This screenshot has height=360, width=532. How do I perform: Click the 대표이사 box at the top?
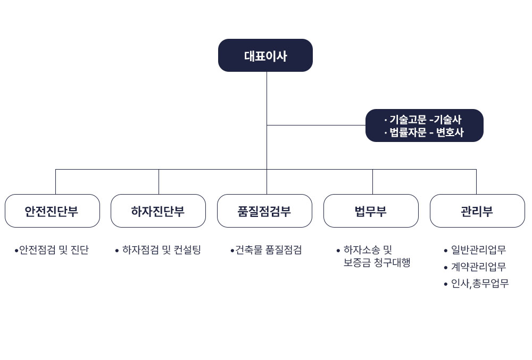point(265,55)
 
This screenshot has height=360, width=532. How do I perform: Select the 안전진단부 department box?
point(52,211)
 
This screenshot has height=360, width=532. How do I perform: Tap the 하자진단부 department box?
point(158,211)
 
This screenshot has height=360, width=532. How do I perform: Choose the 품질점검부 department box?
point(264,211)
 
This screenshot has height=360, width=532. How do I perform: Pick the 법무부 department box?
point(371,211)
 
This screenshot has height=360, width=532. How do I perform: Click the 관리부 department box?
point(477,211)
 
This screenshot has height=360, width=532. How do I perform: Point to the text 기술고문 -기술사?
point(425,120)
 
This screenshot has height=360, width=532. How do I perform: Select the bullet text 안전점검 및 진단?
point(54,250)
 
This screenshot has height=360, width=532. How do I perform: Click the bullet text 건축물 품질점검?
point(268,250)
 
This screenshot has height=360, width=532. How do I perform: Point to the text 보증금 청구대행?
point(377,263)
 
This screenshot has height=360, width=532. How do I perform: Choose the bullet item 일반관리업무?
point(478,250)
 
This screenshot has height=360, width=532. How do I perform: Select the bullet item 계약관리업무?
point(478,267)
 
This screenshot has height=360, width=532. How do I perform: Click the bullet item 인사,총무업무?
point(480,284)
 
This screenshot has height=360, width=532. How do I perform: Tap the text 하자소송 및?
point(368,250)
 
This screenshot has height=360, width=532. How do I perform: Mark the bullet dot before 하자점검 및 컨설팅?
point(117,250)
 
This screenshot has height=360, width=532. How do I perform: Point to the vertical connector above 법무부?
point(372,182)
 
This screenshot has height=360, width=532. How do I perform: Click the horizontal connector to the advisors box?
point(316,125)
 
